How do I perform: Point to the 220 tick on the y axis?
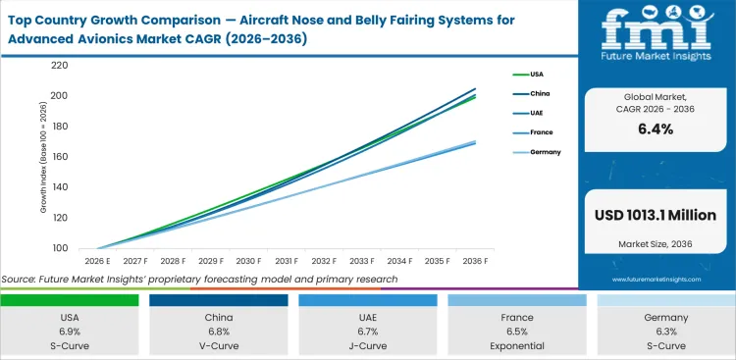59,66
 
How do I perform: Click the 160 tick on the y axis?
59,157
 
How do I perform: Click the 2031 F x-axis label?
286,262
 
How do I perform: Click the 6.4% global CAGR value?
655,129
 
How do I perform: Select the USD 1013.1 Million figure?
656,216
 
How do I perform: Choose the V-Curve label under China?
220,346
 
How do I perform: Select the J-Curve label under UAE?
370,346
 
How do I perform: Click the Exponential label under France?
518,346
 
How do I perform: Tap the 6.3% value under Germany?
665,333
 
